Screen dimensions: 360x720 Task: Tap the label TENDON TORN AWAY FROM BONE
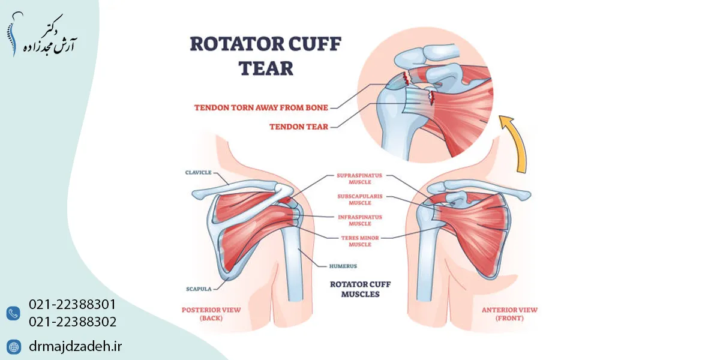coord(261,108)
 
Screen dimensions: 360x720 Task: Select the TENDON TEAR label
coord(298,127)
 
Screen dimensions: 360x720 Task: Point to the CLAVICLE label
coord(199,172)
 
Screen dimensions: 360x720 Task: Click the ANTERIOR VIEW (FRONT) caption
coord(509,314)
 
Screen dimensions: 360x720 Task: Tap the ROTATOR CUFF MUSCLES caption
coord(360,289)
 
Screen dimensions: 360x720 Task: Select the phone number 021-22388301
coord(72,305)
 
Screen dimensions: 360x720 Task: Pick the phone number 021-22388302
coord(72,322)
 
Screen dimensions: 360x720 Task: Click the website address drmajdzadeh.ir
coord(76,346)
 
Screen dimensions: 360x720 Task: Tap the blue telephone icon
coord(13,313)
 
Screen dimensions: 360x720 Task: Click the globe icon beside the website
coord(13,346)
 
